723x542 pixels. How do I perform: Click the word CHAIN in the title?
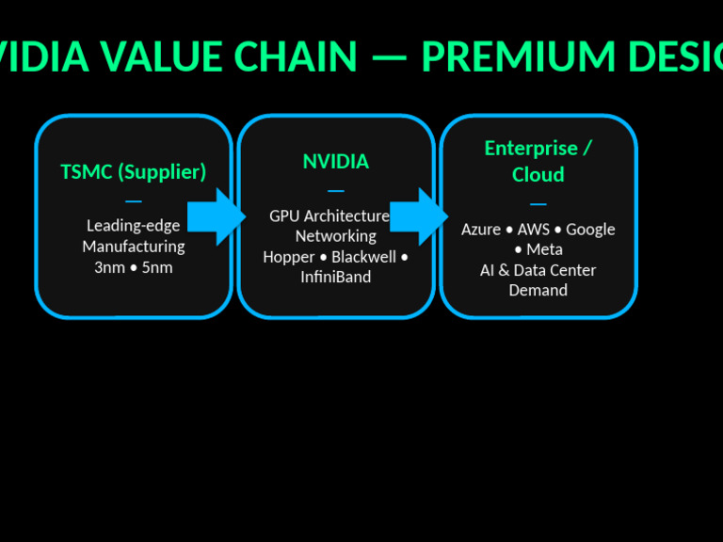296,57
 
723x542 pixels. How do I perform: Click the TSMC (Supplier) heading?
133,172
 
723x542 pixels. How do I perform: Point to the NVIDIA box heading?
335,162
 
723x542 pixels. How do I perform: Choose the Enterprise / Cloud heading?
538,161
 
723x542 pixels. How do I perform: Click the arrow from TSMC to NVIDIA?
216,216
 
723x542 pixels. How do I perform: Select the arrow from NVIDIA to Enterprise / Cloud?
418,216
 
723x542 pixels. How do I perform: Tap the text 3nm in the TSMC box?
109,267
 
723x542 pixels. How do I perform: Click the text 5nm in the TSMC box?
157,267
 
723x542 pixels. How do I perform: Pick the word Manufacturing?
133,247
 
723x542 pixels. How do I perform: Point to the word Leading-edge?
133,226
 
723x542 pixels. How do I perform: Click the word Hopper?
288,257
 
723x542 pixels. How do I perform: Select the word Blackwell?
363,257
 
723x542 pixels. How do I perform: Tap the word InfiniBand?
335,278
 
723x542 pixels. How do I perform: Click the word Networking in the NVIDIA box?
335,236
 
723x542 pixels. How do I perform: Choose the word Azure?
480,230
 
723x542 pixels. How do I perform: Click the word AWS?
533,230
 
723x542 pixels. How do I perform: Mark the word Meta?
544,250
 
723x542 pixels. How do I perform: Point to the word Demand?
538,291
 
